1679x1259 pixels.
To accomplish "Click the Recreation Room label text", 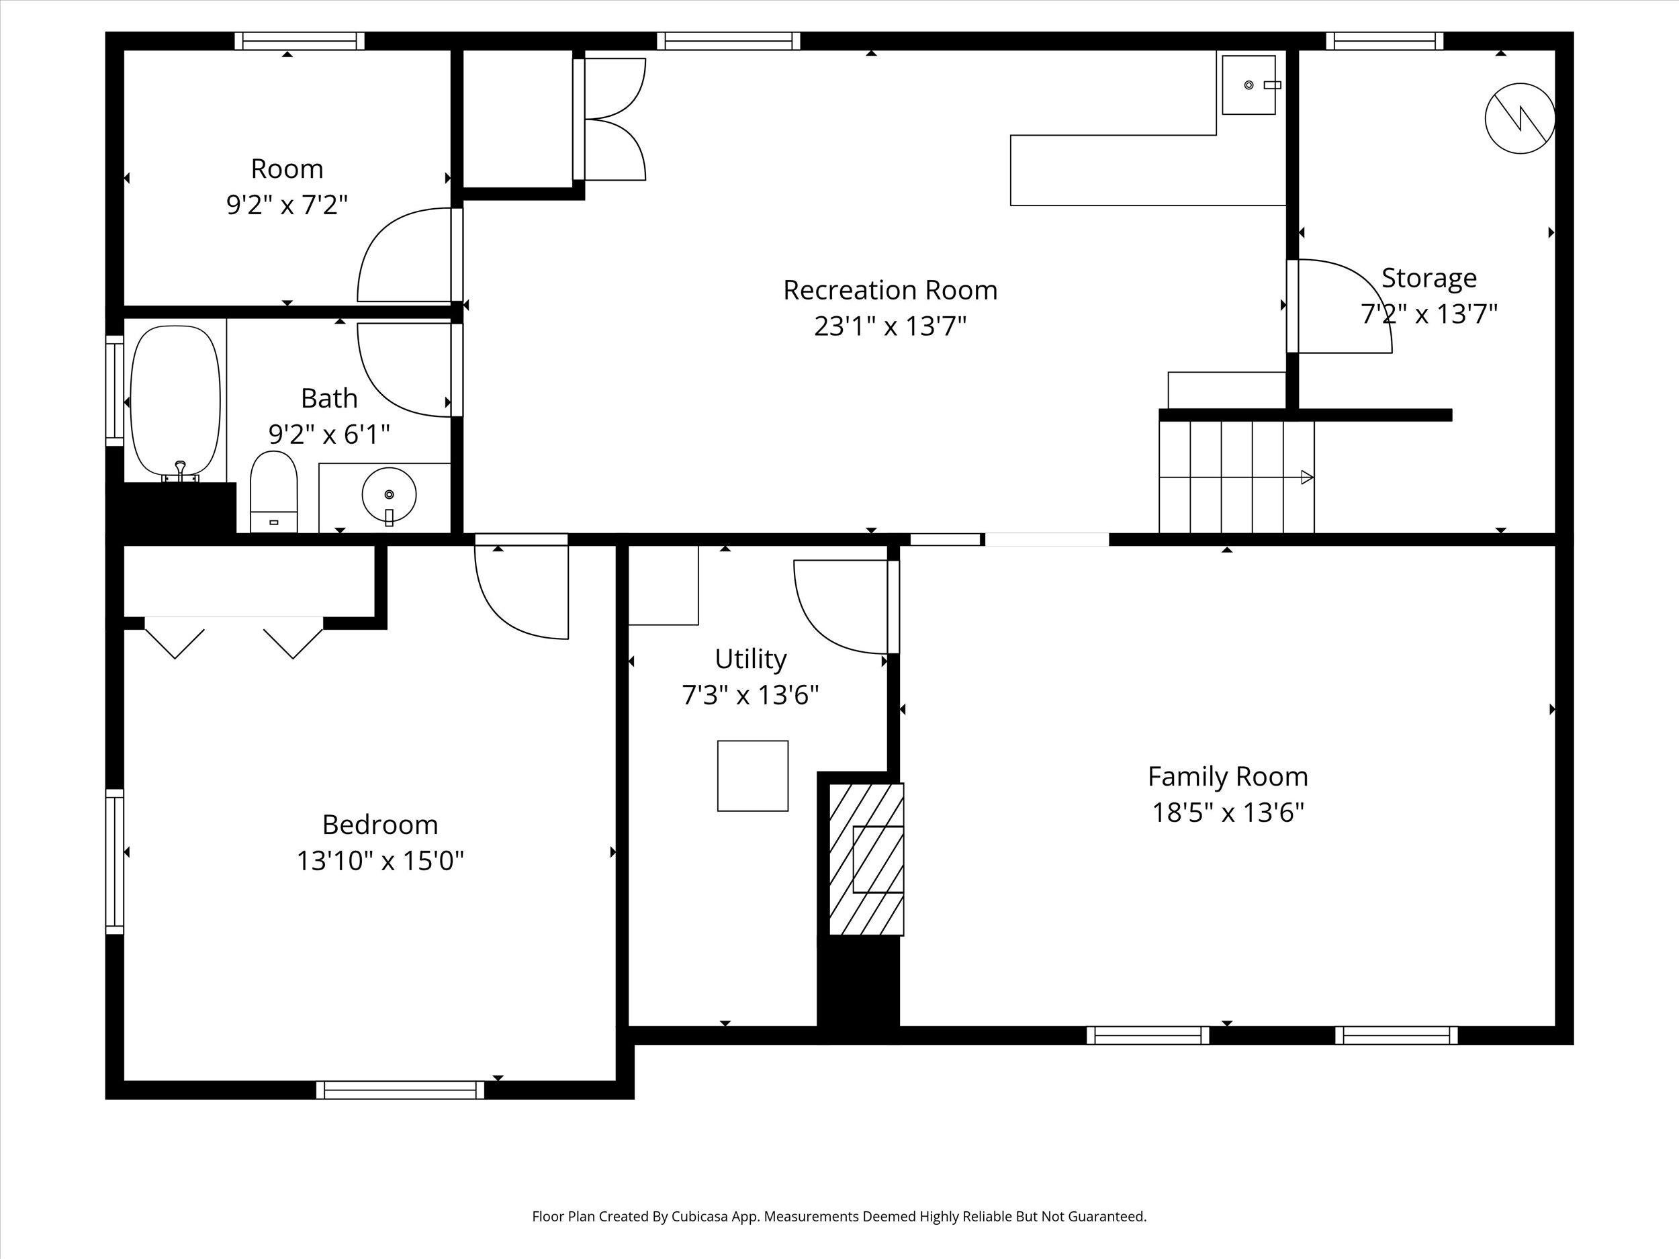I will click(x=890, y=290).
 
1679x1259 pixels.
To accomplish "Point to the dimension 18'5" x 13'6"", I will click(x=1228, y=812).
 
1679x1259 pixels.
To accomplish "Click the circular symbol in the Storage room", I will click(x=1520, y=118).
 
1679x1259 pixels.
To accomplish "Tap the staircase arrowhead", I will click(x=1306, y=477).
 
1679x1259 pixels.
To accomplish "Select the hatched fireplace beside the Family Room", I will click(x=865, y=859).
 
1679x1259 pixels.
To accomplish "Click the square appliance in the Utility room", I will click(x=752, y=776).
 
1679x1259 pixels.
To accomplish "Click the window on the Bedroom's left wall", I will click(x=115, y=861).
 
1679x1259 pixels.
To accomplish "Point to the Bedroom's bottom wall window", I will click(x=400, y=1090).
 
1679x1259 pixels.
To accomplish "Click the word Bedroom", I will click(x=379, y=824).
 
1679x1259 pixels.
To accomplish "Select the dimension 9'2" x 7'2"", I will click(x=287, y=204).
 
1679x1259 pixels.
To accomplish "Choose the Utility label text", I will click(x=750, y=658).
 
